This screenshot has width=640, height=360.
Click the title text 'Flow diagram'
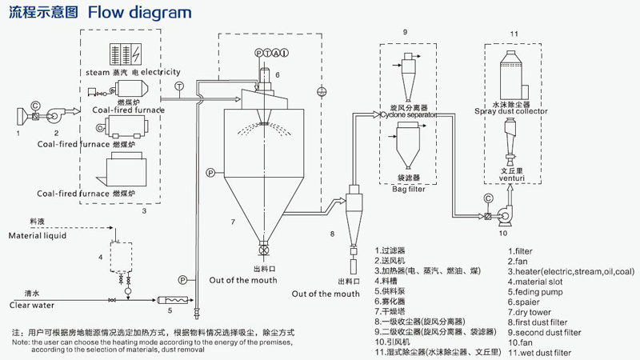click(x=139, y=12)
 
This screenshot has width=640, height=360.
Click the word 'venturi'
click(x=512, y=178)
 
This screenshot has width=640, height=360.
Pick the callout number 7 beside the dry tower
click(x=232, y=220)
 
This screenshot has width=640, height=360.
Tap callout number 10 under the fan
click(x=503, y=234)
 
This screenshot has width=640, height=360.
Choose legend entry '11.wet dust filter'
click(x=539, y=351)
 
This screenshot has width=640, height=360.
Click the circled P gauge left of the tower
click(x=210, y=173)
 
